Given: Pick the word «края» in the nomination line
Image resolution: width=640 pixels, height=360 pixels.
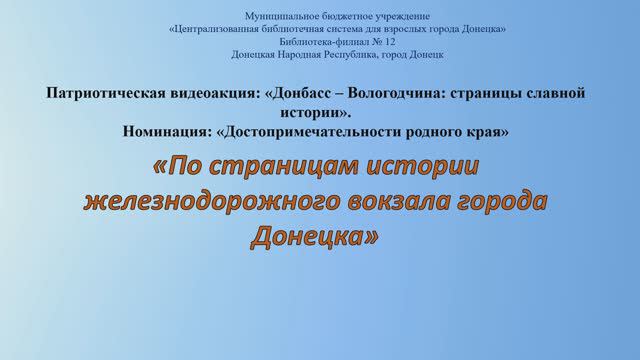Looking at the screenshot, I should [489, 131].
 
